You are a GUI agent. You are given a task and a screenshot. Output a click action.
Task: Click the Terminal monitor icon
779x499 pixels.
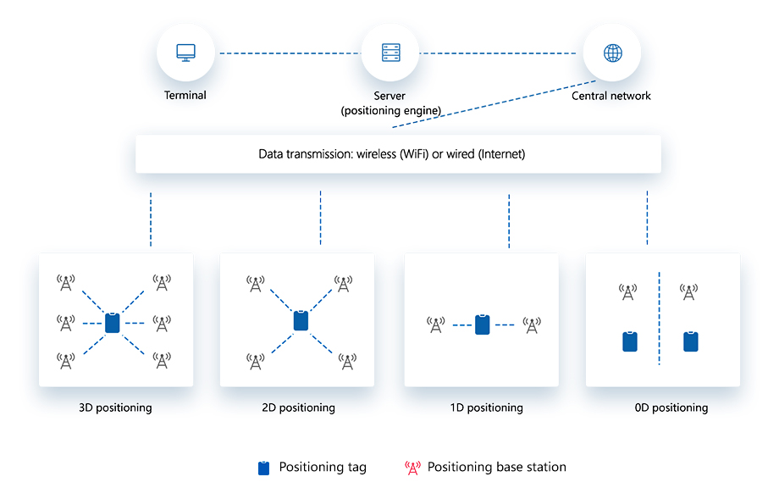pos(185,53)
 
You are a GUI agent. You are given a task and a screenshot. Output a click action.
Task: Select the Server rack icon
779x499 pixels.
pos(390,53)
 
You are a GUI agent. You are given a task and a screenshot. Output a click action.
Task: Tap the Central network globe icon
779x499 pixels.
pos(612,53)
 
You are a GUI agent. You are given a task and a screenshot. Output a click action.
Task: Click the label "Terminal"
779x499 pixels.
pos(185,96)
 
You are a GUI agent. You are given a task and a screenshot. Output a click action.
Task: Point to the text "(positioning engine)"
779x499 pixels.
pos(391,111)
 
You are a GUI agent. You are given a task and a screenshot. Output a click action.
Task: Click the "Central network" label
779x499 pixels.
pos(611,96)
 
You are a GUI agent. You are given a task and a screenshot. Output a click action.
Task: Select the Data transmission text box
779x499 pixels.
pos(398,154)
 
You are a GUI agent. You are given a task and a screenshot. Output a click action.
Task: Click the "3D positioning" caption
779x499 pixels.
pos(115,408)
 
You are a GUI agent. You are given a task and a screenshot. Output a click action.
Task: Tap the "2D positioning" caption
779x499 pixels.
pos(298,408)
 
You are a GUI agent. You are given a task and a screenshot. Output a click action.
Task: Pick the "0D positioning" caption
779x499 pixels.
pos(671,408)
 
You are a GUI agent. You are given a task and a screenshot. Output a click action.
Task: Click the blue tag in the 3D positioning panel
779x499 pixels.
pos(113,323)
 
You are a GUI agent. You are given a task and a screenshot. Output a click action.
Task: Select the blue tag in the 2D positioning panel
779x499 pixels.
pos(300,321)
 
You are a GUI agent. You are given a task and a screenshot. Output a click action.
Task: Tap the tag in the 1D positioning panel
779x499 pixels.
pos(482,324)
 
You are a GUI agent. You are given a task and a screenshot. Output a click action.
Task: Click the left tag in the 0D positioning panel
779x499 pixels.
pos(629,341)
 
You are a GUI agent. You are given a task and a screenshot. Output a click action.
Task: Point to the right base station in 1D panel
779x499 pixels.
pos(532,324)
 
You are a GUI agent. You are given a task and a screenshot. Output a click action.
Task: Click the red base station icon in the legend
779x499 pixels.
pos(413,468)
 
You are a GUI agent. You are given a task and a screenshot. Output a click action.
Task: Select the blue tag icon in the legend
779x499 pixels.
pos(264,468)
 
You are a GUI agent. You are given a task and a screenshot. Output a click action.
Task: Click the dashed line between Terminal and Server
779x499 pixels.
pos(288,53)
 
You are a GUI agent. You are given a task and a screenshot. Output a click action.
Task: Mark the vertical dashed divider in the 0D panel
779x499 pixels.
pos(659,318)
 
